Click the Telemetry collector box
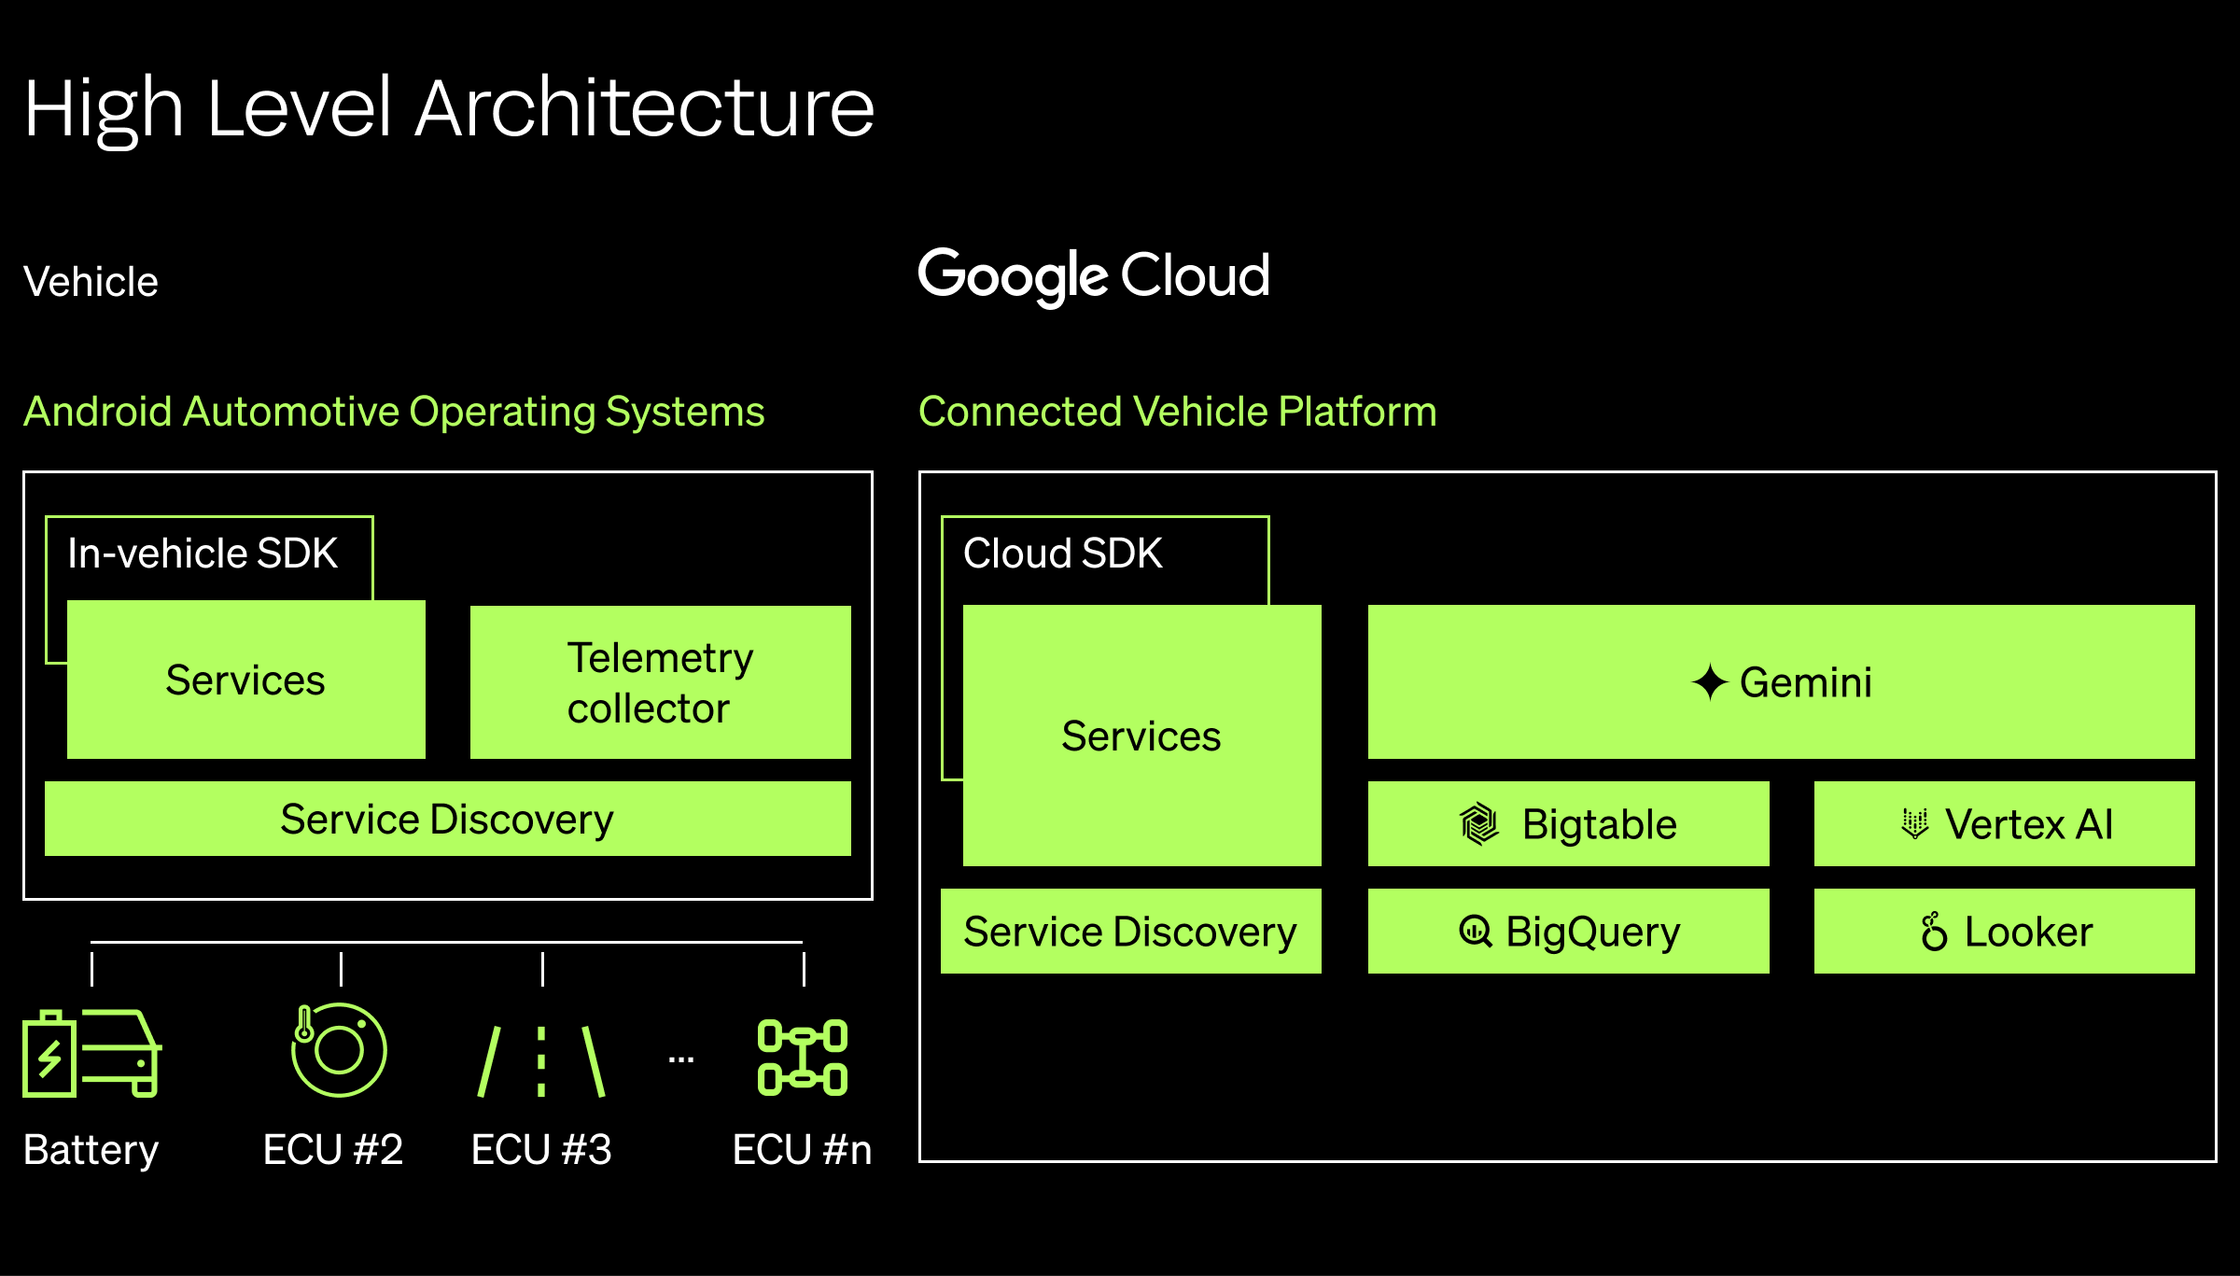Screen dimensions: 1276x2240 (660, 682)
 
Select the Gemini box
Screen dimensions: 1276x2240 (1781, 682)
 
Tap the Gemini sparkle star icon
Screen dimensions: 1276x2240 (1710, 682)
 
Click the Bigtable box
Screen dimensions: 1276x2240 (1568, 824)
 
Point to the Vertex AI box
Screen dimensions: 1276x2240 (2004, 824)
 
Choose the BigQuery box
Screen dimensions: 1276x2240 (1568, 932)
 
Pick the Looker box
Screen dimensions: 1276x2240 (2004, 932)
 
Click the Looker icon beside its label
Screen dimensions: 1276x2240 (1934, 932)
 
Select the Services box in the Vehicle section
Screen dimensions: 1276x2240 (245, 680)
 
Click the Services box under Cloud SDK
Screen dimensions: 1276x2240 (1141, 736)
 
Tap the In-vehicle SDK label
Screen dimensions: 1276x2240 (203, 554)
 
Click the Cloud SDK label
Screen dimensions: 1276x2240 (1062, 554)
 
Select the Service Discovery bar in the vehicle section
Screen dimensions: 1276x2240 (447, 820)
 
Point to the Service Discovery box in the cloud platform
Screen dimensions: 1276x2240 (1130, 932)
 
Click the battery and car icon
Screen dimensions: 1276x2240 (91, 1053)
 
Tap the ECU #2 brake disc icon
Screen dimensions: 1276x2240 (338, 1050)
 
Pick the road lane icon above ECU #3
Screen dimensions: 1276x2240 (541, 1060)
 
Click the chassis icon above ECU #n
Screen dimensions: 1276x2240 (803, 1058)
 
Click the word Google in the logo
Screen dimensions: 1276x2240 (1013, 276)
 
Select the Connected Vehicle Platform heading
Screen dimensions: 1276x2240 (1177, 412)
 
